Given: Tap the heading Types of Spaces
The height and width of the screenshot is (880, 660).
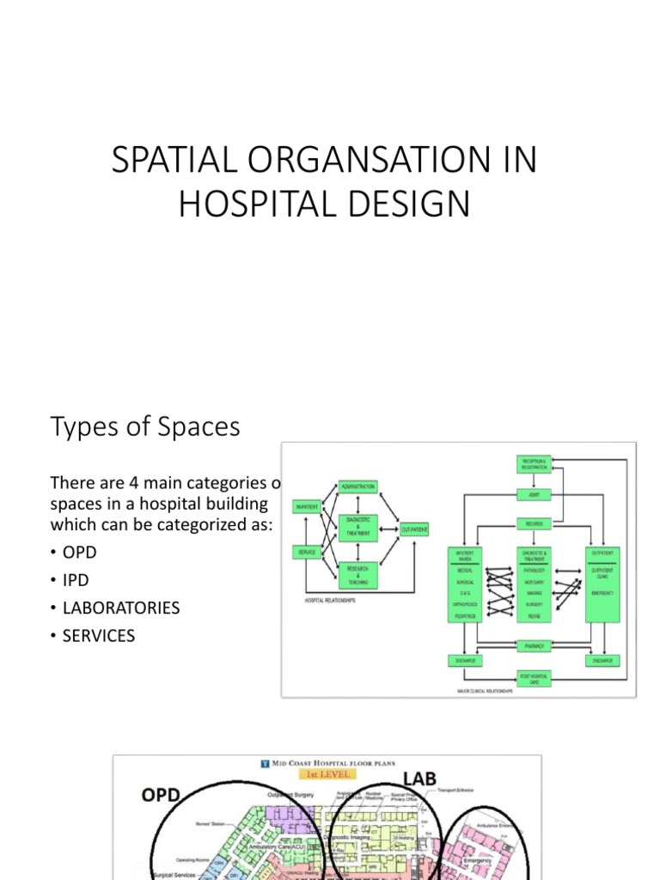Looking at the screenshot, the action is pos(145,426).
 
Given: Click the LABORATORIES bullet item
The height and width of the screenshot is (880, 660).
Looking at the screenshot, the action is pos(120,608).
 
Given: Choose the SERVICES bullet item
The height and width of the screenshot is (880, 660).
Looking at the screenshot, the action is pos(98,637).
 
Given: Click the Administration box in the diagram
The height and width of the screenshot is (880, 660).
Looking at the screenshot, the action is pos(358,486).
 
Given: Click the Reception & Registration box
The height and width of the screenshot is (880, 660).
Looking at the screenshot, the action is pos(533,464).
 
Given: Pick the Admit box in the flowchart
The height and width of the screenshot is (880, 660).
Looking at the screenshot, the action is pos(533,494).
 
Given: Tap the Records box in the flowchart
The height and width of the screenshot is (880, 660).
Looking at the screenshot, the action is pos(533,523).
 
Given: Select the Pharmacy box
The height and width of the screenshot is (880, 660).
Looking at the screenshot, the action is pos(533,644).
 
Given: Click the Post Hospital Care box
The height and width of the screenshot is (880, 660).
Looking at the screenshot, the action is pos(533,677).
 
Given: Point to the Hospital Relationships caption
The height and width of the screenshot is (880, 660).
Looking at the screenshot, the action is pos(331,601).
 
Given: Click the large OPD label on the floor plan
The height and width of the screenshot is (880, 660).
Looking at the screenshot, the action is pos(161,795).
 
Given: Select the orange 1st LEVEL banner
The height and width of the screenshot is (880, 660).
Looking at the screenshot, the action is pos(326,773).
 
